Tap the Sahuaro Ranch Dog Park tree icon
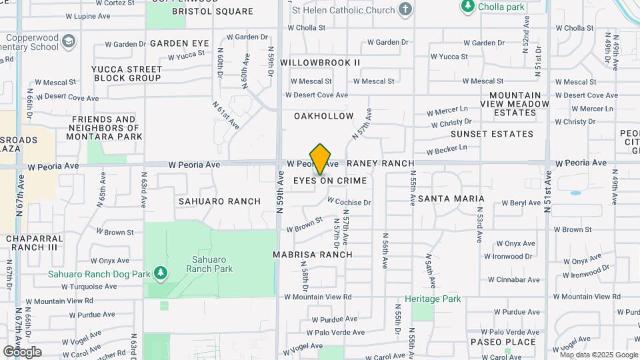pos(160,273)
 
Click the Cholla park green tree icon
pos(468,6)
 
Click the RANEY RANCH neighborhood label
pos(380,163)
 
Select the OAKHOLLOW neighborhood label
pos(324,116)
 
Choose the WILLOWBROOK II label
pos(320,62)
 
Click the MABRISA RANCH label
pos(312,255)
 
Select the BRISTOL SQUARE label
pos(203,11)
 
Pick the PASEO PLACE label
pos(503,342)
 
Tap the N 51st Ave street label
pos(548,191)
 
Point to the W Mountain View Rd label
pos(317,297)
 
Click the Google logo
pos(22,351)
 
